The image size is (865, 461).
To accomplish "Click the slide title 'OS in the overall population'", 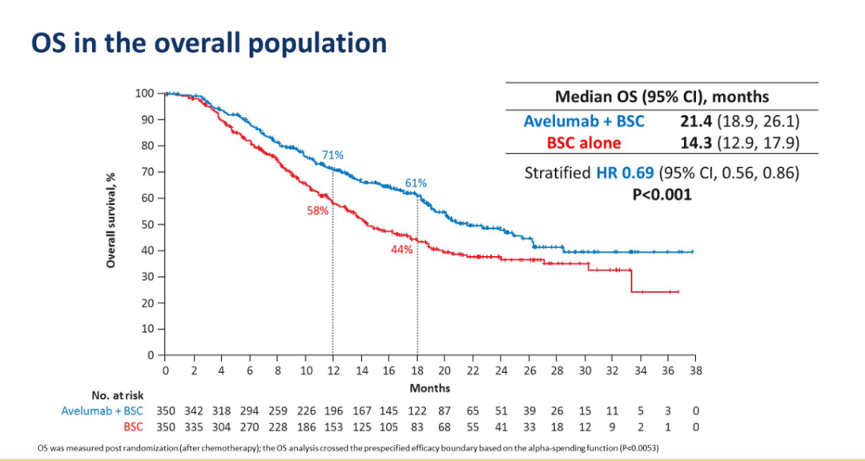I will (208, 42).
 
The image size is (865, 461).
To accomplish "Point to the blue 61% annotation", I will (416, 183).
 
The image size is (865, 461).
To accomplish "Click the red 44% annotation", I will (401, 249).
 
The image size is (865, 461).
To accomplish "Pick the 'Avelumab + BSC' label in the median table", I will (584, 121).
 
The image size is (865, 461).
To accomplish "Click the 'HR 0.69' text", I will (625, 172).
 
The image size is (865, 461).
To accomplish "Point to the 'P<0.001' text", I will (661, 194).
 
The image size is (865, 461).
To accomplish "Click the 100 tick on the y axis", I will (143, 94).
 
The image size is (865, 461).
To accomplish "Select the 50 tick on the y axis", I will (147, 224).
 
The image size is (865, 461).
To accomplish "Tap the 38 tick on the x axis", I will (696, 371).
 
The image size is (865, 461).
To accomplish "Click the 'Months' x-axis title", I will (430, 388).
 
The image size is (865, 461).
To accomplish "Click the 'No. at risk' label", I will (119, 395).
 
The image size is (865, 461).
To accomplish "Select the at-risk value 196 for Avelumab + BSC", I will (333, 411).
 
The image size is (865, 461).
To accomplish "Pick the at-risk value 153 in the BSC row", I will (333, 427).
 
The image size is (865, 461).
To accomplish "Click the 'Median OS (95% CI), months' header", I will (662, 97).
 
